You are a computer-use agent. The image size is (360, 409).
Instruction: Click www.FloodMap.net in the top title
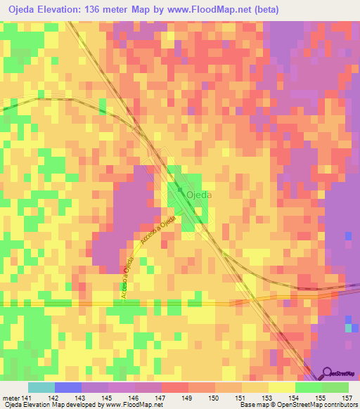click(x=209, y=10)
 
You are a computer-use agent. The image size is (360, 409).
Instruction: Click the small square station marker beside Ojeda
click(x=181, y=190)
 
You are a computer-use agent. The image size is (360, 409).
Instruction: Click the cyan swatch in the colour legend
click(x=41, y=387)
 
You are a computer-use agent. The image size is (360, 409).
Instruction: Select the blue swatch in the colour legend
click(x=68, y=387)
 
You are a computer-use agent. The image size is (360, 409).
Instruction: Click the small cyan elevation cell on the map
click(x=348, y=327)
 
